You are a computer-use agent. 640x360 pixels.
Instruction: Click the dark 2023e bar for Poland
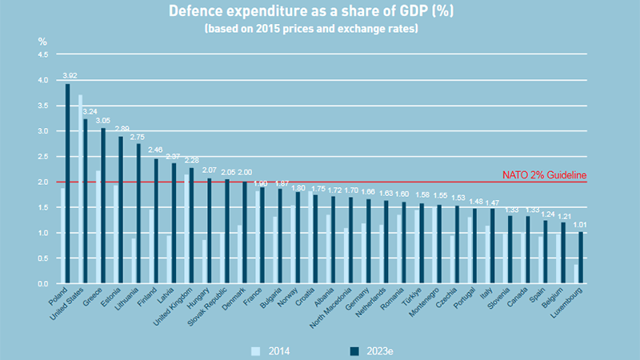click(67, 184)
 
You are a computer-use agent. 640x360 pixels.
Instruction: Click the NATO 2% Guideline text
click(544, 175)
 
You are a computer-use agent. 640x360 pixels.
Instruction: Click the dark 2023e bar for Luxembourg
click(581, 258)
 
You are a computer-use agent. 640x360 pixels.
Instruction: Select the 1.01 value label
click(582, 226)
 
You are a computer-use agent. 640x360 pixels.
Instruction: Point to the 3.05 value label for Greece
click(104, 122)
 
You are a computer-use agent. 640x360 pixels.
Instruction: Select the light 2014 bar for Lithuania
click(133, 261)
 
